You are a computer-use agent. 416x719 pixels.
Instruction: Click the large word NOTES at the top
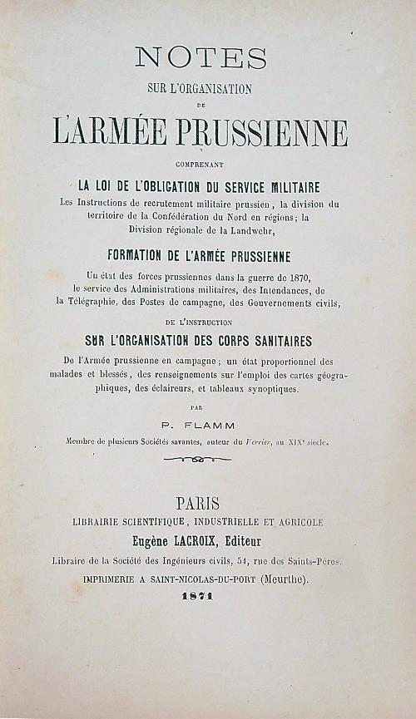[201, 57]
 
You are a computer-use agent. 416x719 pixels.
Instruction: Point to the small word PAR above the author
[196, 407]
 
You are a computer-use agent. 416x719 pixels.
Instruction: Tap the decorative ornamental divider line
[197, 460]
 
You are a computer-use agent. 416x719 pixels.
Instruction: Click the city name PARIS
[198, 503]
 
